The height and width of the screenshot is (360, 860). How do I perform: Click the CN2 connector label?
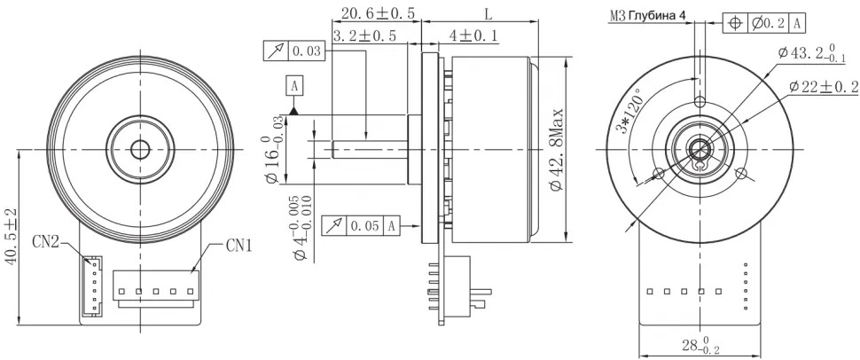coord(46,241)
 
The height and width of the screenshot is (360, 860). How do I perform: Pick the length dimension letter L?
coord(489,14)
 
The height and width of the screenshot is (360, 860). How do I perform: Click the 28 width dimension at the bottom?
coord(699,345)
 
